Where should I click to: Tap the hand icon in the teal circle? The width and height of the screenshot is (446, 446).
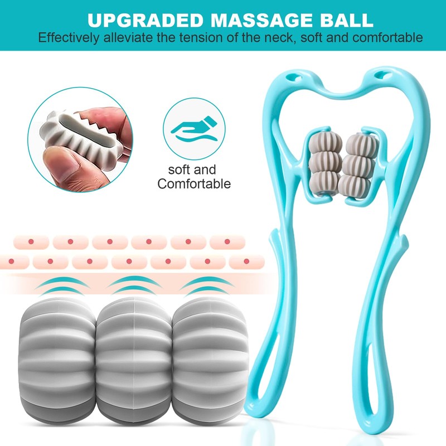point(193,129)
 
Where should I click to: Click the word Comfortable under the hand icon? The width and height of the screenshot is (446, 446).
point(194,183)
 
